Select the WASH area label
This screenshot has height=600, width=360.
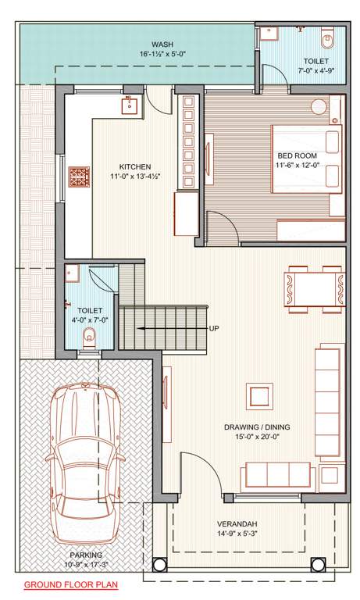[162, 45]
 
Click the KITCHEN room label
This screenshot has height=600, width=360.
[135, 166]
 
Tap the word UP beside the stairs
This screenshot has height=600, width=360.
[214, 328]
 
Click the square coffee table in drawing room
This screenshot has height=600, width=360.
[258, 396]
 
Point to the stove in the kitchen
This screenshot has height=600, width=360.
[80, 176]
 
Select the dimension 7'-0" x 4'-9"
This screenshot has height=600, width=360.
[316, 71]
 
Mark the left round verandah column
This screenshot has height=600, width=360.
[159, 564]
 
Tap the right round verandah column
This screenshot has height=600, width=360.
[319, 564]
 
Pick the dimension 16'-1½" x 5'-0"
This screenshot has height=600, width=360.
[162, 55]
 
